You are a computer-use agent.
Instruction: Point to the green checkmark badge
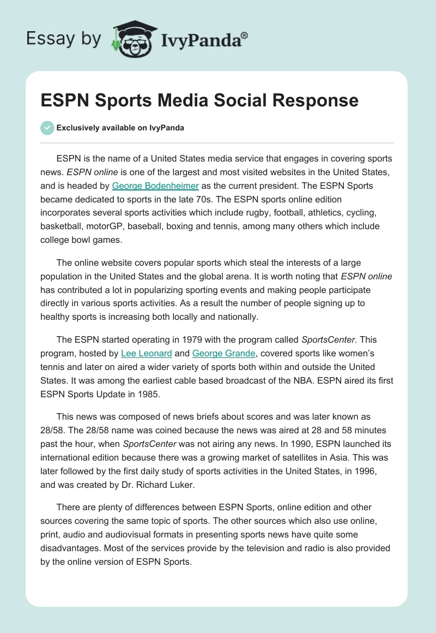coord(47,128)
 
